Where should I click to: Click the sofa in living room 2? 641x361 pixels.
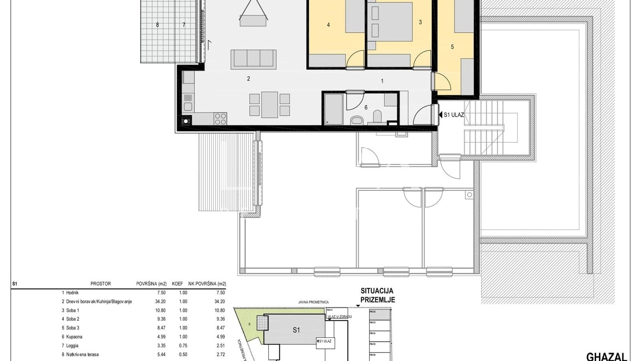(x=253, y=59)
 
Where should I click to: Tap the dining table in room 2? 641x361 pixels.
(x=270, y=105)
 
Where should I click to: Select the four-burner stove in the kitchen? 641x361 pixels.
(x=220, y=119)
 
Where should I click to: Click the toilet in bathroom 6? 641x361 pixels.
(x=356, y=120)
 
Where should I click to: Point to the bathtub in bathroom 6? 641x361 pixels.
(x=334, y=109)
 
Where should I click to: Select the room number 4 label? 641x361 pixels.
(x=329, y=25)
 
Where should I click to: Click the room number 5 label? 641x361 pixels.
(x=452, y=47)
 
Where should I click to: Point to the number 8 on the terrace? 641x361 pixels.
(x=157, y=25)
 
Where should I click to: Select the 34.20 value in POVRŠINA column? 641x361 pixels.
(x=159, y=302)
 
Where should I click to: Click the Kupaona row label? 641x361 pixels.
(x=74, y=337)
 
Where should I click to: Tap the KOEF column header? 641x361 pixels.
(x=177, y=284)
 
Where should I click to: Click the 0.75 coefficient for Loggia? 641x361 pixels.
(x=183, y=346)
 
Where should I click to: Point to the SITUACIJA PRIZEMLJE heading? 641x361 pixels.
(x=377, y=295)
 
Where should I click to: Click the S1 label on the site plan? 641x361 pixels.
(x=296, y=330)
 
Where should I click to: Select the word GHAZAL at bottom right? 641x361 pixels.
(x=606, y=356)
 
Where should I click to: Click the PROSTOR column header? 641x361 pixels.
(x=101, y=284)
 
